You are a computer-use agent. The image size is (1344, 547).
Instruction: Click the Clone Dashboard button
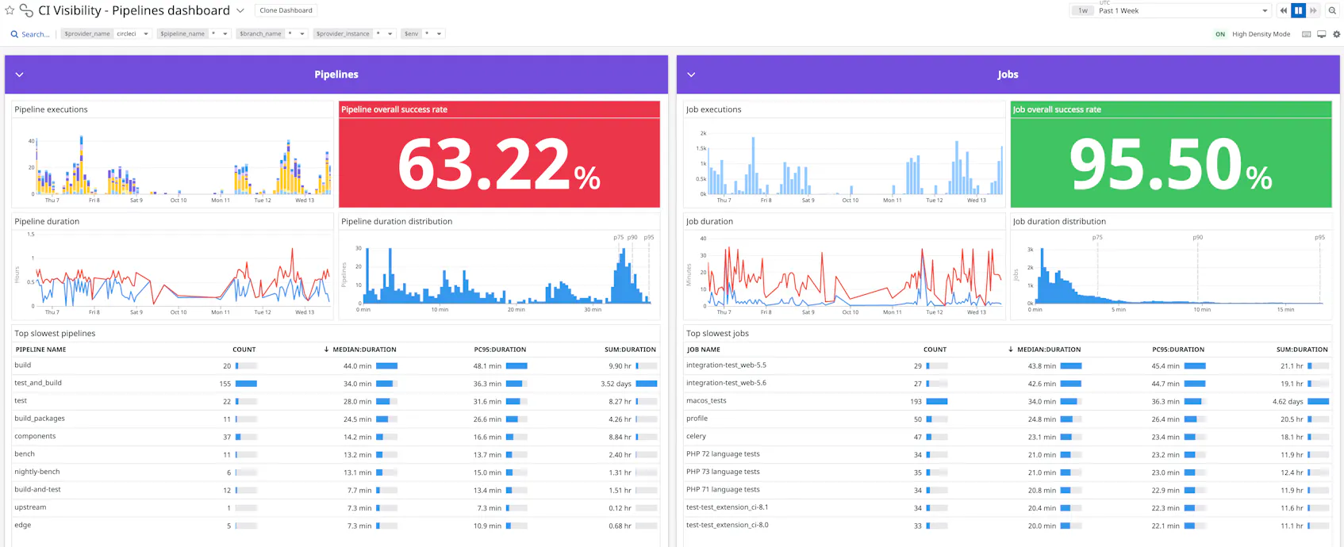click(286, 10)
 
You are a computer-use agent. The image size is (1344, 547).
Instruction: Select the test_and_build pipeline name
click(38, 383)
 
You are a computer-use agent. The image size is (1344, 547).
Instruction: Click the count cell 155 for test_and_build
click(225, 384)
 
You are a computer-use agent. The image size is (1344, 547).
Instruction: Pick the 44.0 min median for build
click(357, 366)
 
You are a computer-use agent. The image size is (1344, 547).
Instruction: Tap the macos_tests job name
click(706, 401)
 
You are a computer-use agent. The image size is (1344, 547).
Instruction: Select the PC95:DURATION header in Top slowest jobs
click(1177, 350)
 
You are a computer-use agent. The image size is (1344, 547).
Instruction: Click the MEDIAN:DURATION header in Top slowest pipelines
click(364, 350)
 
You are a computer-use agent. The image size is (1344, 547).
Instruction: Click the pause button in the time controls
click(1298, 10)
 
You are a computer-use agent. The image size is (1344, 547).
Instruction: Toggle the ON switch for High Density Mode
click(1220, 34)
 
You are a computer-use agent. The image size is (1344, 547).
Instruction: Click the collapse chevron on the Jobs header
click(691, 75)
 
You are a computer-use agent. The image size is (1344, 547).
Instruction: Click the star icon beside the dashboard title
click(10, 10)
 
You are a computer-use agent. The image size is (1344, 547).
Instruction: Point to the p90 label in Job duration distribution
click(1197, 238)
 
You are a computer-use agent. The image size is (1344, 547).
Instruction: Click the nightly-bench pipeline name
click(36, 472)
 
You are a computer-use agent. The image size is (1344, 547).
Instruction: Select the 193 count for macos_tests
click(916, 402)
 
